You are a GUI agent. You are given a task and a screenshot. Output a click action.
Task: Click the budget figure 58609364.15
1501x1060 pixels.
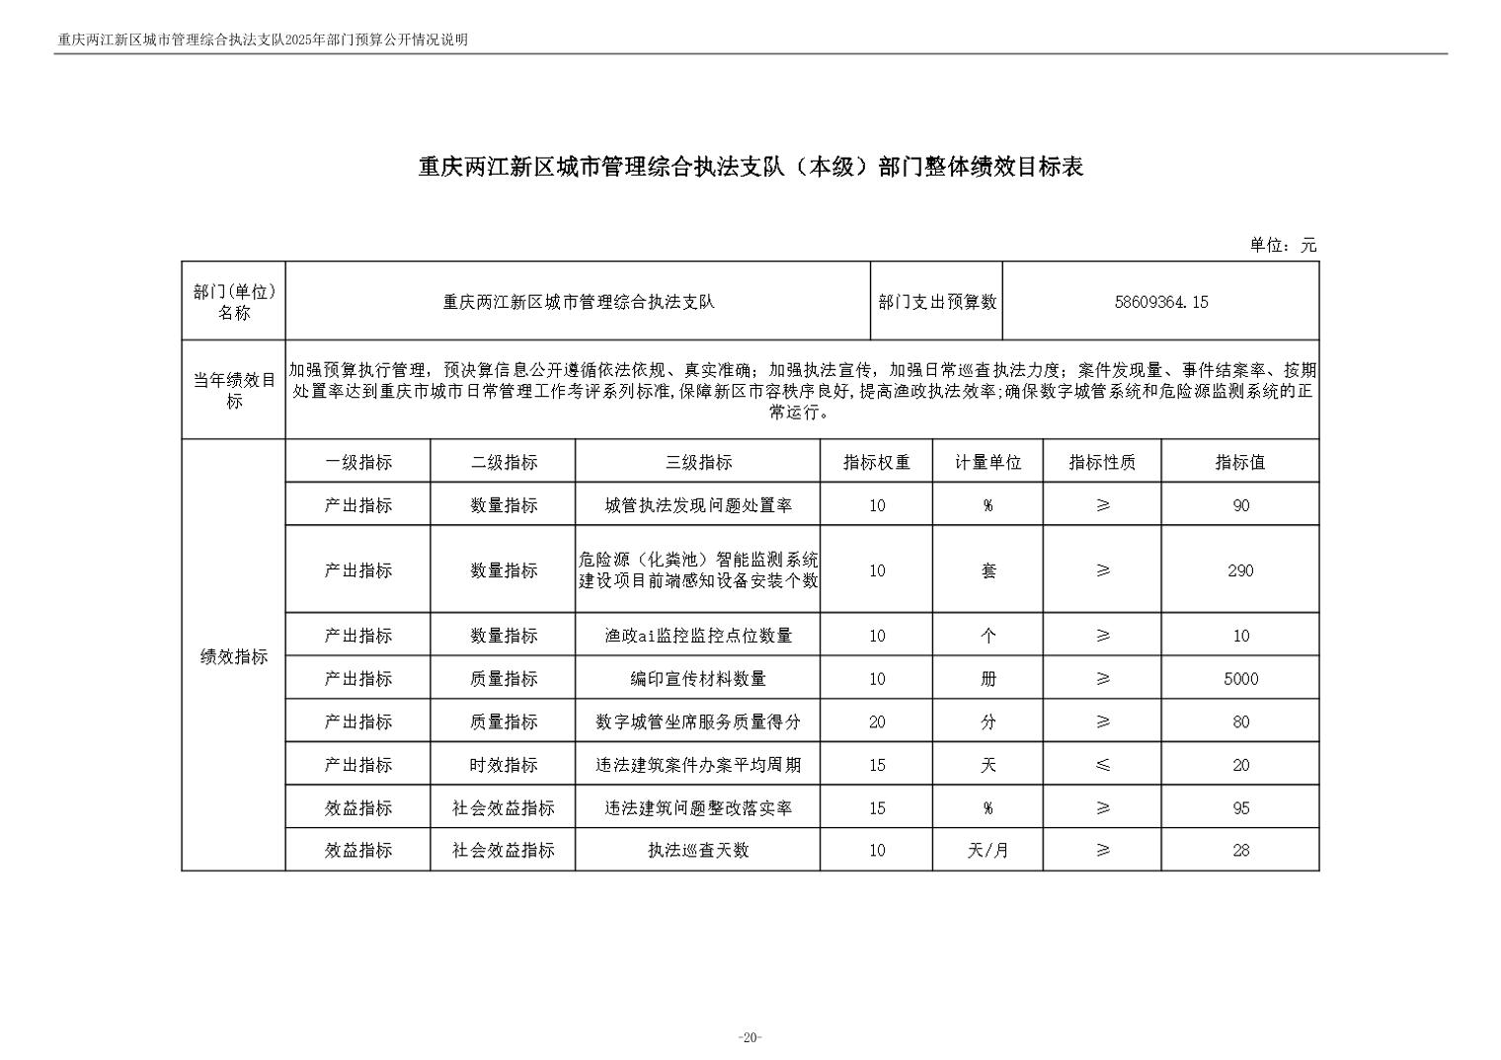[1160, 302]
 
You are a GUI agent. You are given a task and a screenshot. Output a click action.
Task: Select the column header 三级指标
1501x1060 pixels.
[698, 462]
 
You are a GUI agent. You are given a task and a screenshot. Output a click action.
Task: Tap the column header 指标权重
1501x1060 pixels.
[876, 462]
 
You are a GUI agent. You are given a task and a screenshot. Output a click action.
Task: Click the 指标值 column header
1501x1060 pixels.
[1240, 462]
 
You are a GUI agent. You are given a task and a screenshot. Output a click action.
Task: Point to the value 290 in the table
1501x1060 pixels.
[1240, 570]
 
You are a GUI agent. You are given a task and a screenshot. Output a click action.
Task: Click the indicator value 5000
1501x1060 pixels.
[1240, 679]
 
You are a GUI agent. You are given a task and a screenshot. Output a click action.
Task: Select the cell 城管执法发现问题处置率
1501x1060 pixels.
[698, 505]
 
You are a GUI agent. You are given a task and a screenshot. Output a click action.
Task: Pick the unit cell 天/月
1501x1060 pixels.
[987, 850]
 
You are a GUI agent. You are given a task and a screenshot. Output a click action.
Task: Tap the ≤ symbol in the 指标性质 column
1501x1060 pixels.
[1103, 765]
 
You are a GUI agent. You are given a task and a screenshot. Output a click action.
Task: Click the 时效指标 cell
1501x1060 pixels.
[504, 765]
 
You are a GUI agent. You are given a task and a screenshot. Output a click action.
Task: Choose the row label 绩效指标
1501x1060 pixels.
[234, 657]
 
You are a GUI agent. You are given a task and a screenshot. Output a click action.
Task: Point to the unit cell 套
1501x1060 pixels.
[987, 570]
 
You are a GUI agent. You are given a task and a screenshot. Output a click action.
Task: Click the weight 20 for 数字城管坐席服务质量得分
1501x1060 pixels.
[876, 722]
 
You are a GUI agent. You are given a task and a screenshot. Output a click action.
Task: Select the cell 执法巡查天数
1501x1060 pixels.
[698, 850]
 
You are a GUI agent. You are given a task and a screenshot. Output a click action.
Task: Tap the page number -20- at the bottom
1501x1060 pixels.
[750, 1037]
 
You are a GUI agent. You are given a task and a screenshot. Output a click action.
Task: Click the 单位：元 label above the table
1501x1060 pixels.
[1283, 246]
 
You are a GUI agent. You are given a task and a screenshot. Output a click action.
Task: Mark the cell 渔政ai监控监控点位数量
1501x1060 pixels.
[698, 636]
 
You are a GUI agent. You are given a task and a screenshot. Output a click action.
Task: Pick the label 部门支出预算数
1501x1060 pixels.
[937, 302]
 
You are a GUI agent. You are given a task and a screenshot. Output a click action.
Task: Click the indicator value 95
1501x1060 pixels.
[1240, 808]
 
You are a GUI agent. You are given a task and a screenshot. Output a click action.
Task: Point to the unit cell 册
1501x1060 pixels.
[987, 679]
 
